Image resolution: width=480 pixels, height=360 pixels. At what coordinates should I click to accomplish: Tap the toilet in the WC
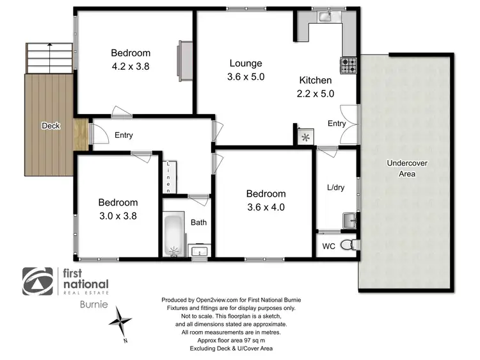click(x=347, y=245)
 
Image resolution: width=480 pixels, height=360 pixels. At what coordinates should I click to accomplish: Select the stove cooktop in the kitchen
click(x=349, y=64)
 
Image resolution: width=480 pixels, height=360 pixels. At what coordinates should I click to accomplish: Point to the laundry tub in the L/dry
click(x=349, y=220)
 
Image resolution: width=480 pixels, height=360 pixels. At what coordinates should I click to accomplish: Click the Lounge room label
click(x=246, y=63)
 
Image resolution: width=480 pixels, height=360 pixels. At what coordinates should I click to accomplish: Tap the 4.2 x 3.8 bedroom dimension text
click(x=130, y=65)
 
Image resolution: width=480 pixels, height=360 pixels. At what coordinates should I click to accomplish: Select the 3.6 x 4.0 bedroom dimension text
click(x=266, y=207)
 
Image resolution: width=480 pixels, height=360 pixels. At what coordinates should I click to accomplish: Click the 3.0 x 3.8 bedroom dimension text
click(x=118, y=216)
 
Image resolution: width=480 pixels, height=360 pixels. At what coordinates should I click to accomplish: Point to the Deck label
click(x=51, y=126)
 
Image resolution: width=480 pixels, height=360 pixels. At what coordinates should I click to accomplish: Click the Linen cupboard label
click(x=169, y=177)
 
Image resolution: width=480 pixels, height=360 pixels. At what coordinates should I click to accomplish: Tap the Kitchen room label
click(x=316, y=81)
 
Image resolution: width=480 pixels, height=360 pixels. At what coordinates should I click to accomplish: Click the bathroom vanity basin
click(x=200, y=250)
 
